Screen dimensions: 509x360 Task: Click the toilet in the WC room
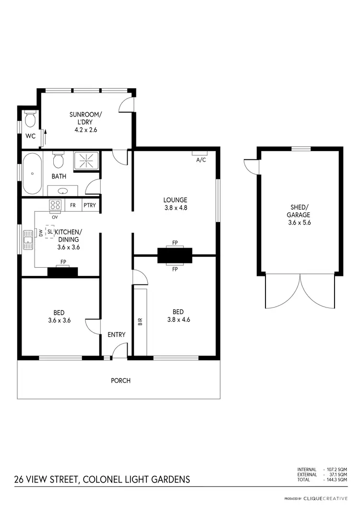click(30, 118)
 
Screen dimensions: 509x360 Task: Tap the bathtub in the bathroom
click(32, 173)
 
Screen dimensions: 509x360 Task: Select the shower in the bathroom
click(86, 161)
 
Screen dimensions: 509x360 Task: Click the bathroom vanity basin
click(62, 191)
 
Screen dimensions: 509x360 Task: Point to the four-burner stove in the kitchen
click(55, 205)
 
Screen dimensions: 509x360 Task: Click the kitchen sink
click(28, 240)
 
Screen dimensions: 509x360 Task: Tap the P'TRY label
click(90, 205)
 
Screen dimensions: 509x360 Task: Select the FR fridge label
click(73, 205)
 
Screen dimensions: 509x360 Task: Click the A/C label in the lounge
click(201, 160)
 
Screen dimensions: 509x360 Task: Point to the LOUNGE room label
click(175, 200)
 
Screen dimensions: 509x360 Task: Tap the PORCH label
click(120, 381)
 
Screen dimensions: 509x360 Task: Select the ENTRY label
click(116, 334)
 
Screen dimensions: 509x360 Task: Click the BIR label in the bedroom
click(140, 321)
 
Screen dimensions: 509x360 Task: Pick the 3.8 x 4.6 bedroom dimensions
click(179, 320)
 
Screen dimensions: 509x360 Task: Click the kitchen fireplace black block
click(63, 272)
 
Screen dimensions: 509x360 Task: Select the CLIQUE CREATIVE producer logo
click(325, 498)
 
